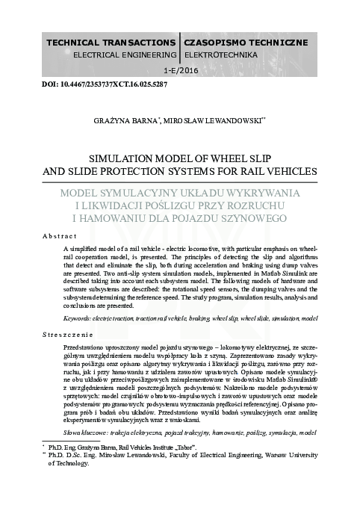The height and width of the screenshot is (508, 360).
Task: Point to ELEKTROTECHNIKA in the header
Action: tap(220, 55)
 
